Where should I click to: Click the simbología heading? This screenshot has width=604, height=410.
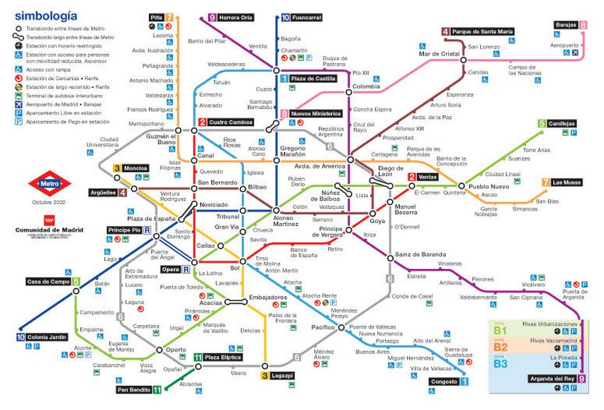[x=43, y=13]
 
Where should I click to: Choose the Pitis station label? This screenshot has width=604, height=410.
[x=157, y=17]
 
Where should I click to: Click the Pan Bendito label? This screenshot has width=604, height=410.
[x=133, y=389]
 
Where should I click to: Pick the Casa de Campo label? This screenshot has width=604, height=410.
[x=43, y=282]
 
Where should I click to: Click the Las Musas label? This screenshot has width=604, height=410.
[x=566, y=182]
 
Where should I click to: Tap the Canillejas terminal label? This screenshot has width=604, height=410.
[x=561, y=123]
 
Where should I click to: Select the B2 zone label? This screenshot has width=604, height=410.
[x=501, y=347]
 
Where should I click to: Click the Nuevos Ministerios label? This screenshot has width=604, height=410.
[x=316, y=113]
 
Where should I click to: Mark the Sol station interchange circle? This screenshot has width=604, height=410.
[x=242, y=263]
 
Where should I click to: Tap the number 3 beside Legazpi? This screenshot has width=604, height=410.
[x=265, y=375]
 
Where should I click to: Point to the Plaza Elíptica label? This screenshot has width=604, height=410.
[x=223, y=358]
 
